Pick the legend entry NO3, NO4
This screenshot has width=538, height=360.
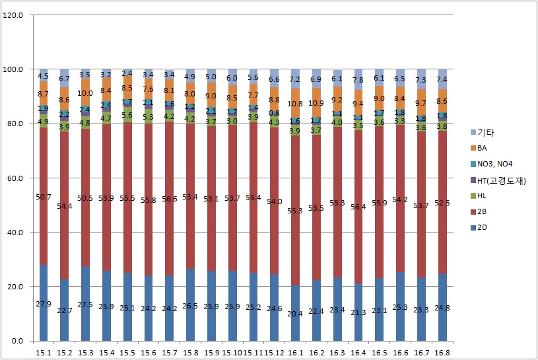(x=492, y=165)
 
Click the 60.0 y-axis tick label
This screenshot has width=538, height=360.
(x=15, y=178)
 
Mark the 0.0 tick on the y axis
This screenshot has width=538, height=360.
(x=17, y=341)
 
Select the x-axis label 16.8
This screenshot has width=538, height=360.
(x=442, y=352)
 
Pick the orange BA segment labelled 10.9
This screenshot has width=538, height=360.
(x=316, y=103)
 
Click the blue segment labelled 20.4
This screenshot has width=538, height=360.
(x=295, y=313)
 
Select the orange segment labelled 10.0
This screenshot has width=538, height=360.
(x=86, y=93)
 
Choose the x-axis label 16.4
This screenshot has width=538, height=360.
(x=358, y=352)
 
